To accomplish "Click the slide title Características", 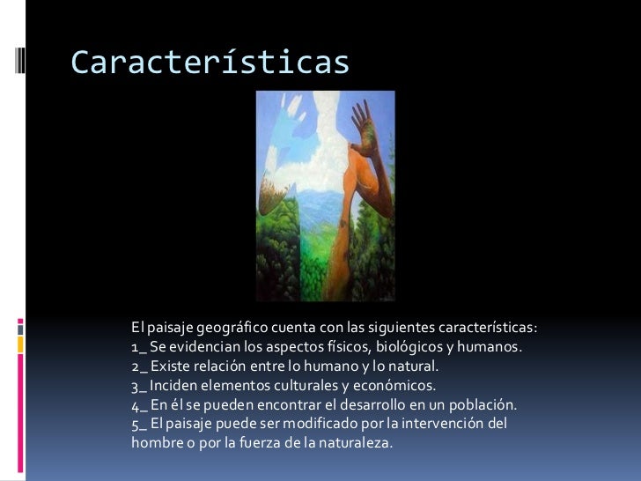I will tap(210, 62).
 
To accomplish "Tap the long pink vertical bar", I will tap(20, 406).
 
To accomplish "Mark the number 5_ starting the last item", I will tap(139, 425).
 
